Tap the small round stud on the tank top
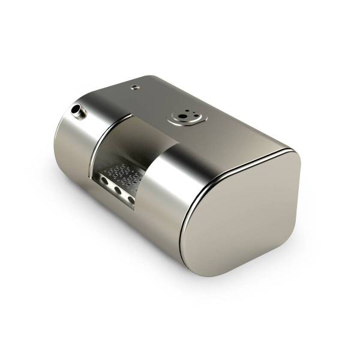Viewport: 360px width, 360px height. tap(135, 86)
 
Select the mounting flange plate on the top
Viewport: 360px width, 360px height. tap(187, 118)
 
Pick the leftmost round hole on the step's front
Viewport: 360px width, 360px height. tap(105, 179)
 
